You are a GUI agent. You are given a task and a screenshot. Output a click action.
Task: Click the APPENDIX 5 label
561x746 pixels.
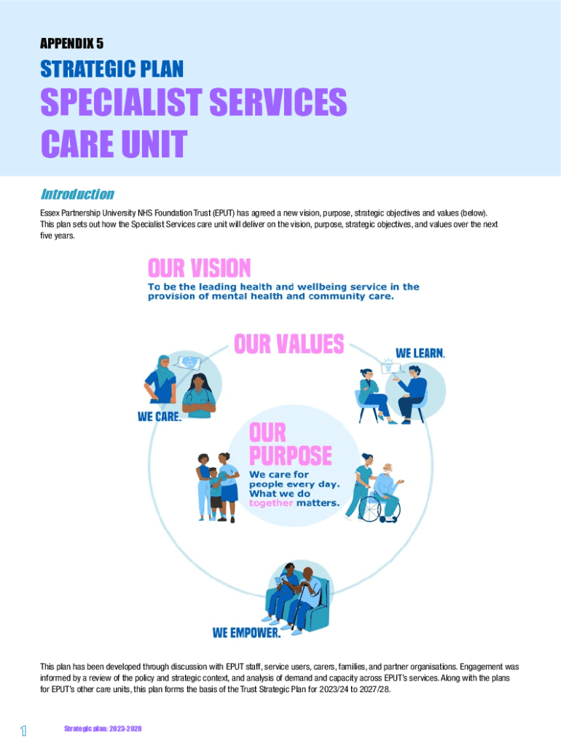pyautogui.click(x=71, y=44)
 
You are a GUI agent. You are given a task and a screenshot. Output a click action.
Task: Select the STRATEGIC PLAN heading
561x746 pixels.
pyautogui.click(x=111, y=70)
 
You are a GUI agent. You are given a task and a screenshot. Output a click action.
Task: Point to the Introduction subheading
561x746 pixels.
pyautogui.click(x=76, y=195)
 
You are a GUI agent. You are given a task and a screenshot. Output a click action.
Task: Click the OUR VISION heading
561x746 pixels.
pyautogui.click(x=199, y=268)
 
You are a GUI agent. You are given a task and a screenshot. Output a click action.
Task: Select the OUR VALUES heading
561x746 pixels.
pyautogui.click(x=289, y=344)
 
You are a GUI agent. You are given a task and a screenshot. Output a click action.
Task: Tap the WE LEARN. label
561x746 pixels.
pyautogui.click(x=420, y=353)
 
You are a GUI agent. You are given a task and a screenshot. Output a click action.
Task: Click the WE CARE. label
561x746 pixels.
pyautogui.click(x=160, y=417)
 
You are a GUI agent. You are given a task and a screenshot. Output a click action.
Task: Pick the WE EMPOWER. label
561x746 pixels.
pyautogui.click(x=246, y=632)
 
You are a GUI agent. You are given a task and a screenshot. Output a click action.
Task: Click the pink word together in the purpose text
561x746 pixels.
pyautogui.click(x=271, y=503)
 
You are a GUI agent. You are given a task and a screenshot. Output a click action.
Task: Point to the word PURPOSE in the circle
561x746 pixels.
pyautogui.click(x=290, y=457)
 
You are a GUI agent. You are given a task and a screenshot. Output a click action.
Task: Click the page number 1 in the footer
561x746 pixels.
pyautogui.click(x=24, y=731)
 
